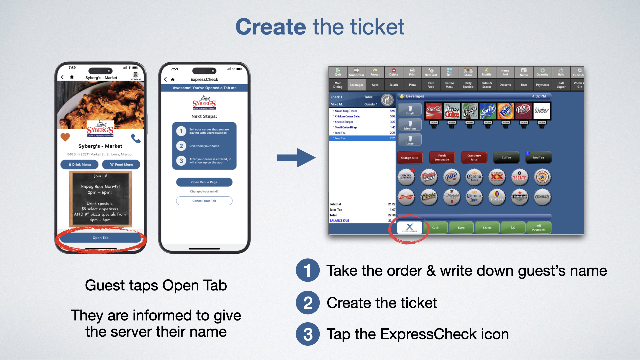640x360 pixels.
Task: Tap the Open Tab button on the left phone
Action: point(101,238)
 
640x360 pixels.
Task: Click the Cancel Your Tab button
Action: point(204,201)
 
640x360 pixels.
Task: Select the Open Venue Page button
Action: point(204,182)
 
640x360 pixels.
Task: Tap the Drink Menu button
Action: point(80,164)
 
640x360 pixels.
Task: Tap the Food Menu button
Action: point(121,164)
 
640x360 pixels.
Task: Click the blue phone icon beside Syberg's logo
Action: point(136,138)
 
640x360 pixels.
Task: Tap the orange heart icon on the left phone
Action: point(65,137)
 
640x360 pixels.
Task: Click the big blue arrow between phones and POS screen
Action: point(296,157)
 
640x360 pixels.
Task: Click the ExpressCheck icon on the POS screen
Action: point(410,228)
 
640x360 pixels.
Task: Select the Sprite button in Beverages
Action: point(488,111)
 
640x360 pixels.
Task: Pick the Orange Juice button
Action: point(410,158)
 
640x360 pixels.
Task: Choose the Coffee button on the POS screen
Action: point(506,158)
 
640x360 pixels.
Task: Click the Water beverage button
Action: point(542,111)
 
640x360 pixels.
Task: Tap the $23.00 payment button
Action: point(487,228)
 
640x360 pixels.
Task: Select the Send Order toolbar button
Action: point(356,72)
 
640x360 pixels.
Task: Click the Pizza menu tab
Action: point(412,85)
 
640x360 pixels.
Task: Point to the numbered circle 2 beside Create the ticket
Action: point(308,303)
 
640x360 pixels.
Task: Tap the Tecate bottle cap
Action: point(519,177)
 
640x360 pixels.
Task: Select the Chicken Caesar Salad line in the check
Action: point(348,116)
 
